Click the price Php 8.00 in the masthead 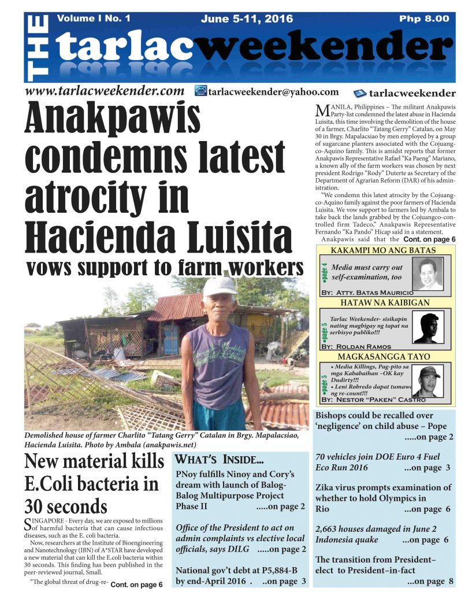click(423, 18)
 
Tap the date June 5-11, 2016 click(247, 18)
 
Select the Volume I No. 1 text click(94, 18)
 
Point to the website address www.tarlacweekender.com click(104, 91)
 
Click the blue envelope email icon click(200, 91)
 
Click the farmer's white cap click(219, 286)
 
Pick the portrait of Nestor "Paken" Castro click(428, 381)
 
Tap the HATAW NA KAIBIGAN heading click(384, 303)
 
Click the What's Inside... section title click(219, 460)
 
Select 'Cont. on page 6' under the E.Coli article click(136, 584)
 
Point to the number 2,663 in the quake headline click(329, 528)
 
